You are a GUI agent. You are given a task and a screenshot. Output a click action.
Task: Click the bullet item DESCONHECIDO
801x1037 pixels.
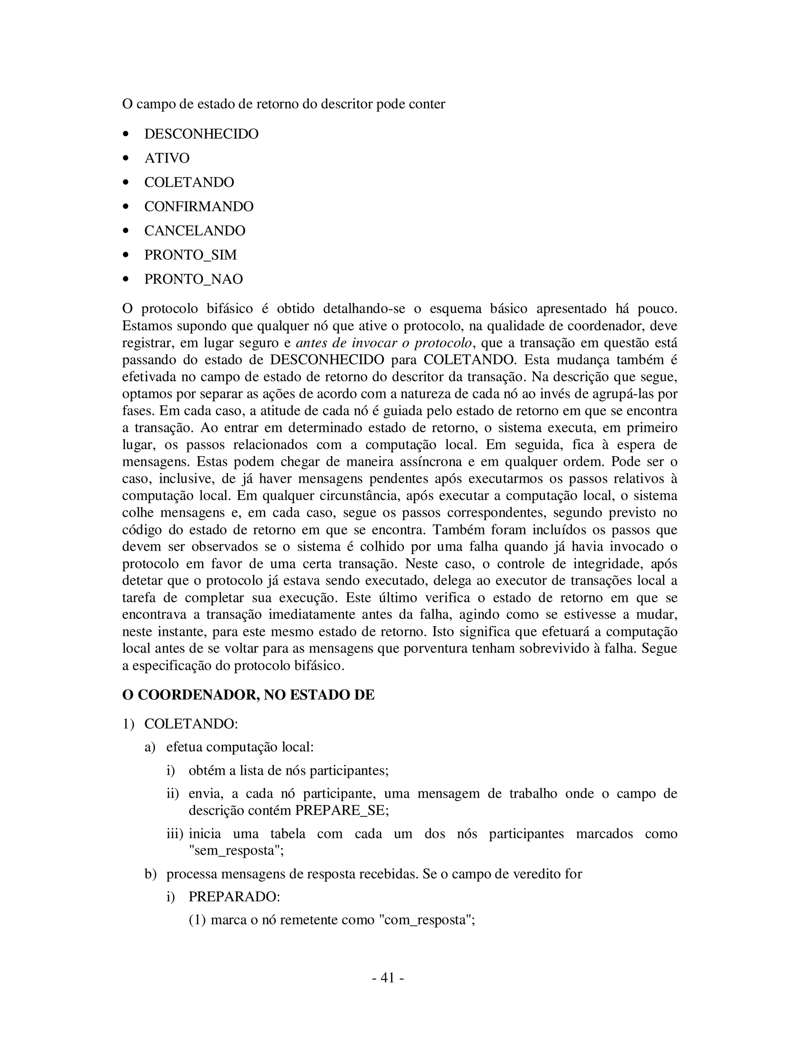pos(201,134)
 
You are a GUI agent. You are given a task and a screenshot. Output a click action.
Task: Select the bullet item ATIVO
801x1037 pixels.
pos(167,158)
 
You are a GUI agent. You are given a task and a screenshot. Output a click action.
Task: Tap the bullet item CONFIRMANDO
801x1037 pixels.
pos(199,207)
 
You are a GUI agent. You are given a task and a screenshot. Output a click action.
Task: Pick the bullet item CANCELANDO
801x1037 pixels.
pos(194,231)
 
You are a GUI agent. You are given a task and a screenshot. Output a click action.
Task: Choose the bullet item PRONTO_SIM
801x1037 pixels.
pos(190,256)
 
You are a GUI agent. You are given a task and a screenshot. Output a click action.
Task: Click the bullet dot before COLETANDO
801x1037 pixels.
pos(126,183)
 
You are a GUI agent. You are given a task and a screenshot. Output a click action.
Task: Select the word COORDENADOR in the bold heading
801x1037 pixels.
pos(198,695)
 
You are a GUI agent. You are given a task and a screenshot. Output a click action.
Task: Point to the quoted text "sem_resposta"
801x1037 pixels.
pos(236,850)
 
